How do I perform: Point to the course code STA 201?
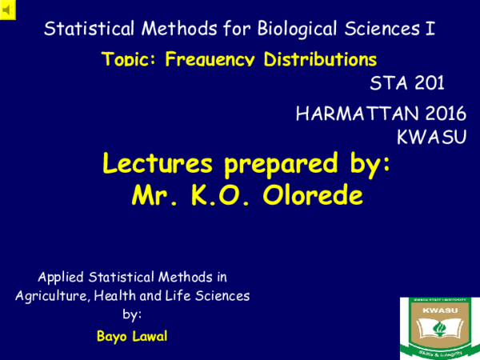[407, 82]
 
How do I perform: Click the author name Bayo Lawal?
[132, 335]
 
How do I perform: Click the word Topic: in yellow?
[131, 59]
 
